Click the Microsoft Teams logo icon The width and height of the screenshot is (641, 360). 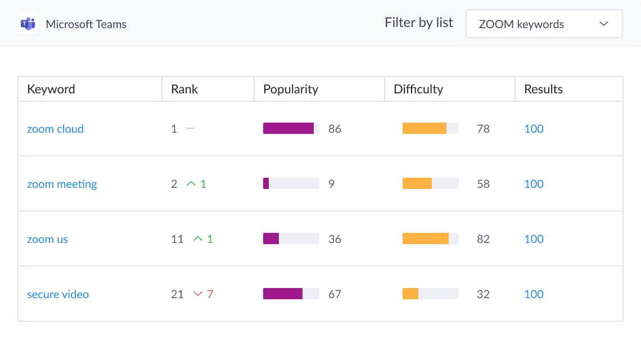tap(28, 24)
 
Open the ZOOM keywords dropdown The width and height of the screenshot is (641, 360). tap(544, 24)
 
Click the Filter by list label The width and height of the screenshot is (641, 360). tap(418, 23)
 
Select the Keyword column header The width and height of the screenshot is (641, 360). tap(51, 89)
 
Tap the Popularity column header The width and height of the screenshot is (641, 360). tap(291, 89)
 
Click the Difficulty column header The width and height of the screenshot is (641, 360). tap(418, 89)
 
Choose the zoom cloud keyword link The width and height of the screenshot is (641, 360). tap(55, 129)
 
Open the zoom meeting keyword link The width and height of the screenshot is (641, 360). tap(62, 184)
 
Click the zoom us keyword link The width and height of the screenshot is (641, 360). tap(47, 239)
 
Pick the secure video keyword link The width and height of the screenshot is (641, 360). tap(58, 294)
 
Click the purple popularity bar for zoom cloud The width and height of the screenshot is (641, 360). tap(288, 128)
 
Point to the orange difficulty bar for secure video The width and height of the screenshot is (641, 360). tap(410, 294)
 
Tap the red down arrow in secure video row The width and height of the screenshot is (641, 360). tap(197, 294)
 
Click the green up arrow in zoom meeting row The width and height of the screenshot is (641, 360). tap(191, 184)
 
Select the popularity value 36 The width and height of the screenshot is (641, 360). tap(335, 239)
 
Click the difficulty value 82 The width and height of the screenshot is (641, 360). tap(483, 239)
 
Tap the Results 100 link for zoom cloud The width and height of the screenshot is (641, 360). tap(534, 129)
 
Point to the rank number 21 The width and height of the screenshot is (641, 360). tap(177, 294)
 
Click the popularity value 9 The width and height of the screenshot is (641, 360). tap(331, 184)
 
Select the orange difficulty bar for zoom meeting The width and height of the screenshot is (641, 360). tap(417, 183)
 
